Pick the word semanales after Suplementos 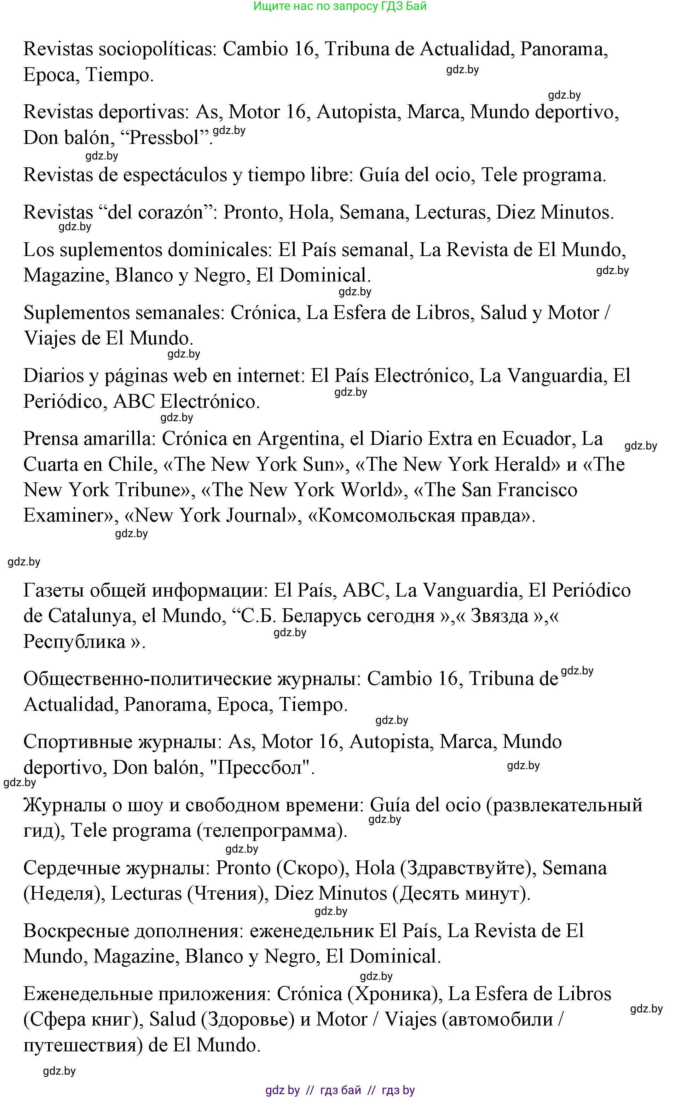pyautogui.click(x=180, y=313)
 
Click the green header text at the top pyautogui.click(x=340, y=6)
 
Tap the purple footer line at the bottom pyautogui.click(x=340, y=1090)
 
